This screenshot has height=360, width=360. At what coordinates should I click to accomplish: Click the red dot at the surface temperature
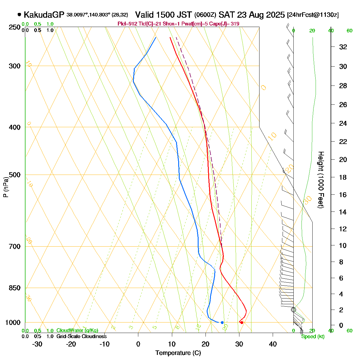click(241, 322)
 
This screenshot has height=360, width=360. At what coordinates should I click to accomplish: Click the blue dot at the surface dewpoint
click(222, 322)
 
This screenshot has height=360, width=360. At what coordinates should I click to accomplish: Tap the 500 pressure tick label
click(15, 175)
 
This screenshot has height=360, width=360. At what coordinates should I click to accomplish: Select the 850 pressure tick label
click(15, 288)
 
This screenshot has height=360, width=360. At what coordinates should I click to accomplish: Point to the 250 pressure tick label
click(15, 27)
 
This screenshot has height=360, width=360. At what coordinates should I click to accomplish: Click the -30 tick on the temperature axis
click(37, 344)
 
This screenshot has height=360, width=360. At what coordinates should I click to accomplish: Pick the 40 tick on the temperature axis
click(273, 344)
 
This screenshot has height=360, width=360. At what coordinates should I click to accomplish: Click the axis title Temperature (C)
click(178, 353)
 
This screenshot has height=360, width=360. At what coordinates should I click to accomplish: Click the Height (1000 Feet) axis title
click(321, 180)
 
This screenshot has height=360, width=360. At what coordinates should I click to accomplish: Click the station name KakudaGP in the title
click(44, 15)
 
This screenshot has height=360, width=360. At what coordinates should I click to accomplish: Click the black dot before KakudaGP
click(19, 14)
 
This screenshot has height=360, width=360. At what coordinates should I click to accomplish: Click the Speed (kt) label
click(313, 337)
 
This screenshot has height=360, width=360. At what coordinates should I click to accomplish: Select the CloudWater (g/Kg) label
click(77, 331)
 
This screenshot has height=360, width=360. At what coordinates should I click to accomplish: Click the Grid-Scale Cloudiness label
click(81, 337)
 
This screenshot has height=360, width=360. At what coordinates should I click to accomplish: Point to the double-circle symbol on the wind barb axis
click(293, 310)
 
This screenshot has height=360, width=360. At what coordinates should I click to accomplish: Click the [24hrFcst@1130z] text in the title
click(313, 15)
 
